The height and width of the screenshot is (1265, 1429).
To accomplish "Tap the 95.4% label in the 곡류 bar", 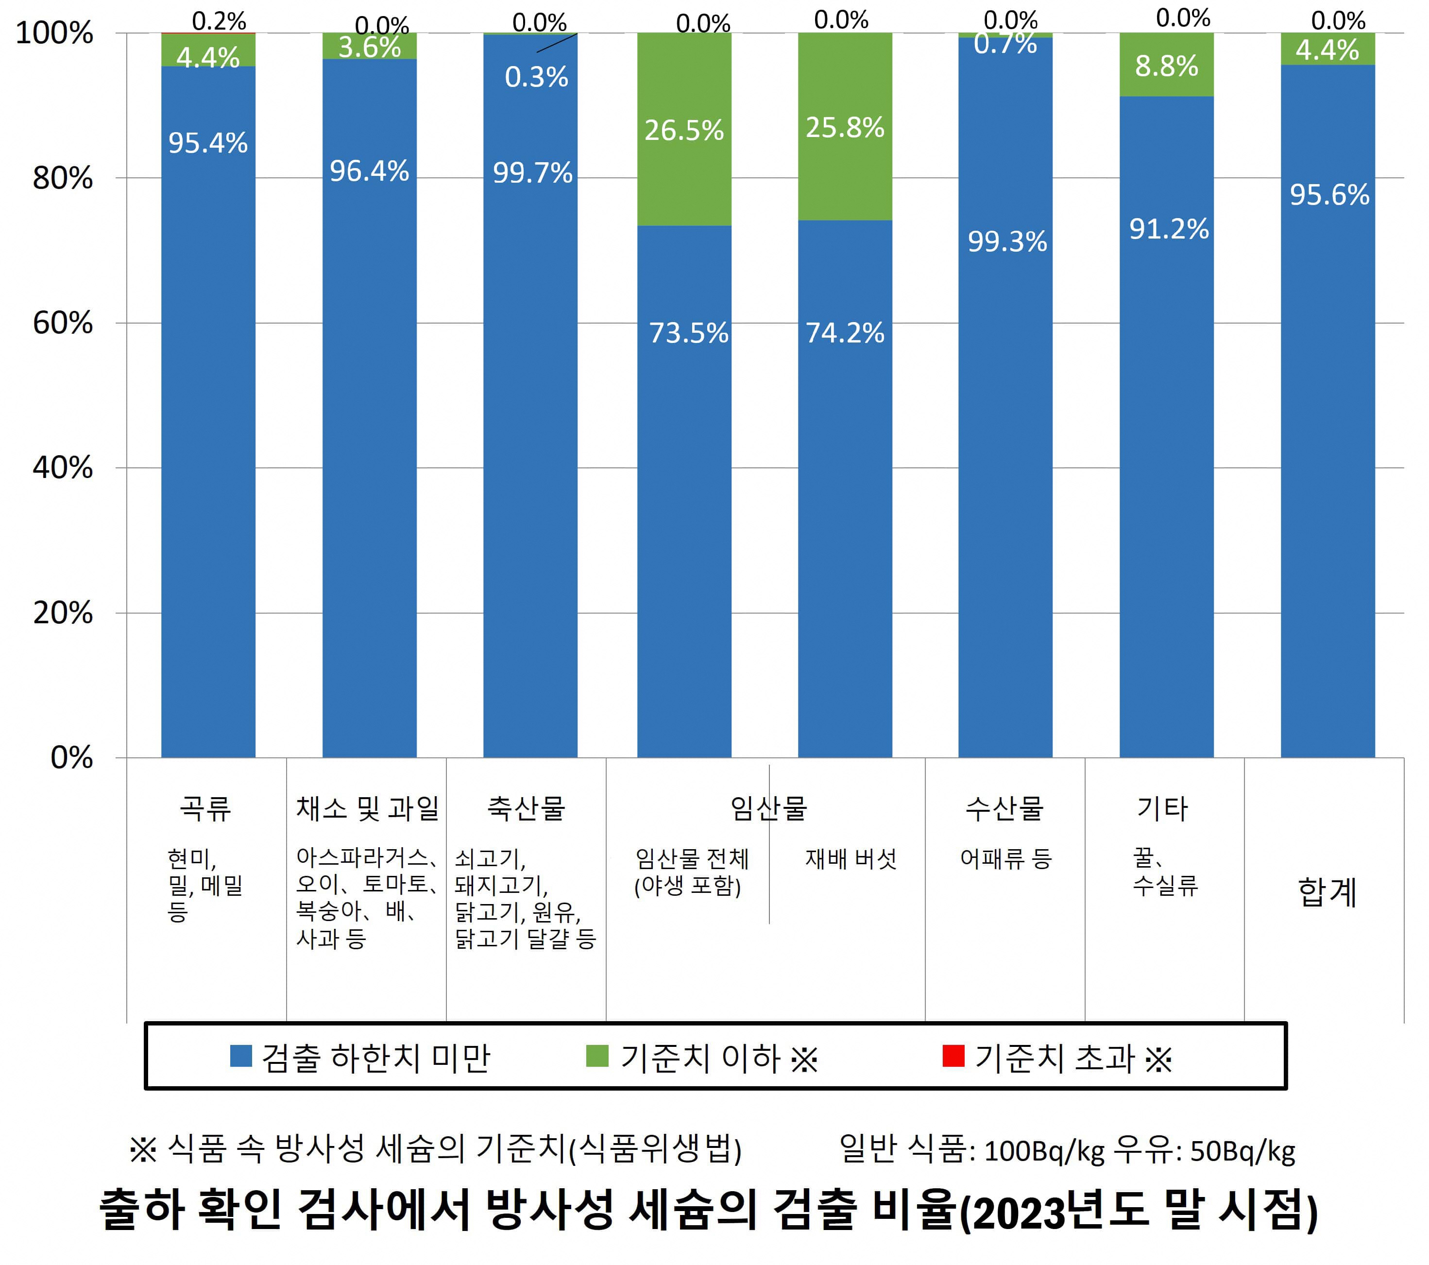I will (207, 143).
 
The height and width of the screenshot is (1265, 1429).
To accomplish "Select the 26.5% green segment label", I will (684, 131).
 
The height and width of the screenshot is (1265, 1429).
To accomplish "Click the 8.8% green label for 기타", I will (1166, 67).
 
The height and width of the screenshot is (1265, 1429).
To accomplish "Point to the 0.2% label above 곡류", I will (219, 21).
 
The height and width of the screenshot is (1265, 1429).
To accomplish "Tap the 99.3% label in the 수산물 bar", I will (1007, 242).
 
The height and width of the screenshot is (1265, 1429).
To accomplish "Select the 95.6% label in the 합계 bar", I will (1329, 195).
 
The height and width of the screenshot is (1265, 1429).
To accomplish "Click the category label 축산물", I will (526, 808).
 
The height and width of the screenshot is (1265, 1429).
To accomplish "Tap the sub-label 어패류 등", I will (1005, 859).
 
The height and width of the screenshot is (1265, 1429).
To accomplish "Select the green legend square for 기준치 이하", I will (596, 1056).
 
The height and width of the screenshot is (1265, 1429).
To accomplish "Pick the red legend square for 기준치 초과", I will (953, 1056).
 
